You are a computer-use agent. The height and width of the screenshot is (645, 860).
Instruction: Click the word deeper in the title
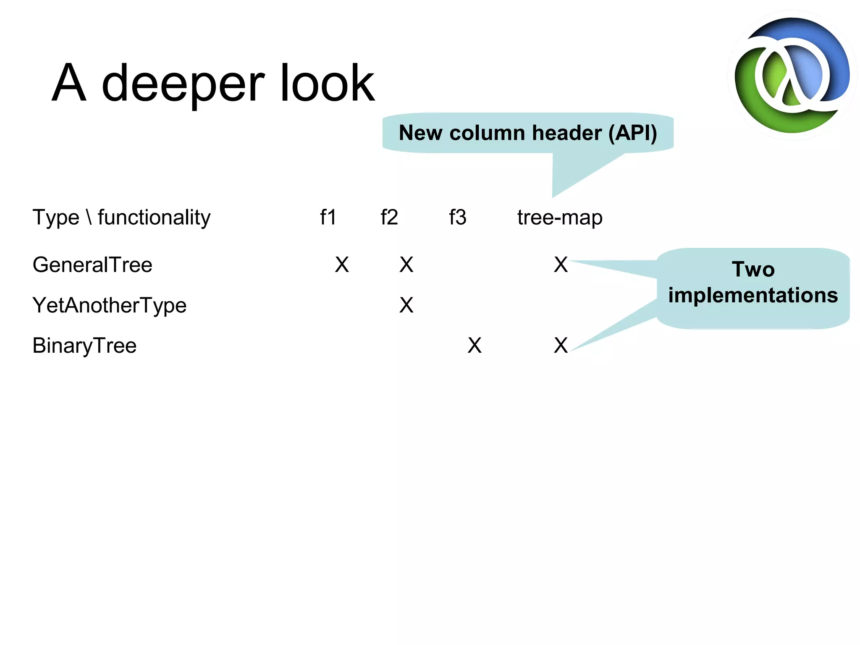[183, 84]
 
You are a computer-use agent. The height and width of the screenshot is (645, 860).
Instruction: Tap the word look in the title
[327, 83]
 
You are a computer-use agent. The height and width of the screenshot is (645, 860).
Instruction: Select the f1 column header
[328, 218]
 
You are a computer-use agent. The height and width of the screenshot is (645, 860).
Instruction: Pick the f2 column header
[389, 218]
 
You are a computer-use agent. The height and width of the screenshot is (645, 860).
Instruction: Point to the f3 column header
[457, 218]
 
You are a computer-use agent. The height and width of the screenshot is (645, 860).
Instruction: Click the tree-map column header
[560, 218]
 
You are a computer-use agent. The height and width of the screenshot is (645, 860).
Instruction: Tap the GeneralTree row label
[92, 265]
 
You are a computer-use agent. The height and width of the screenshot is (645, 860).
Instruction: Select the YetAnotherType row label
[109, 305]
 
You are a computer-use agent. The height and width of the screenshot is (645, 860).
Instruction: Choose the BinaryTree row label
[84, 346]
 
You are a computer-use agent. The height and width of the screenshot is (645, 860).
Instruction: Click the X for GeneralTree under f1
[342, 265]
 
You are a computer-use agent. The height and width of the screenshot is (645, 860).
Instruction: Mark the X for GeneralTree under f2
[406, 265]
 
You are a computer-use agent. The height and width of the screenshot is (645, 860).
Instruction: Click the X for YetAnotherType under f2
[406, 305]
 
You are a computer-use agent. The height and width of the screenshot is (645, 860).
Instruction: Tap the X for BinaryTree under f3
[475, 346]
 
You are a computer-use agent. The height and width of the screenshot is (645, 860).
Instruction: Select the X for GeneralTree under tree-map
[561, 265]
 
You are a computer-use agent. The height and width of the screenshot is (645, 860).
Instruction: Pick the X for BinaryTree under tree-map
[561, 346]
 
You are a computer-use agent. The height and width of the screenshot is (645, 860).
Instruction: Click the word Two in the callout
[753, 269]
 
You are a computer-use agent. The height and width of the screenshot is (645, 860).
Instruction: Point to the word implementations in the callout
[753, 295]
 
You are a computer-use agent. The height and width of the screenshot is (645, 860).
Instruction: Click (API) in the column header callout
[632, 133]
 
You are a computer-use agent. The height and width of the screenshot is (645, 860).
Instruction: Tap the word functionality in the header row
[154, 218]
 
